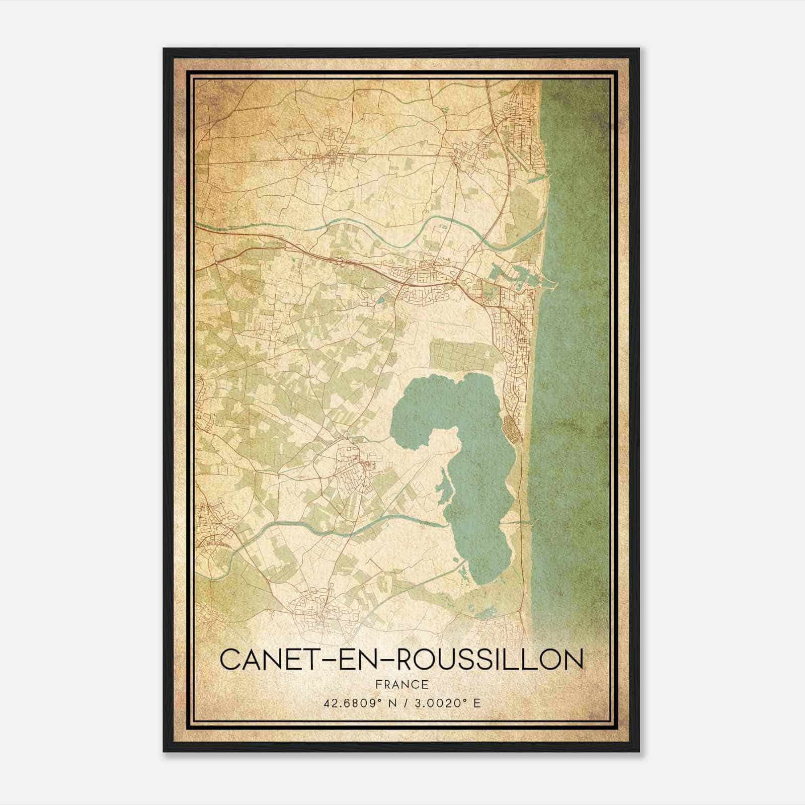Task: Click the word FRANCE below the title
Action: click(401, 684)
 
